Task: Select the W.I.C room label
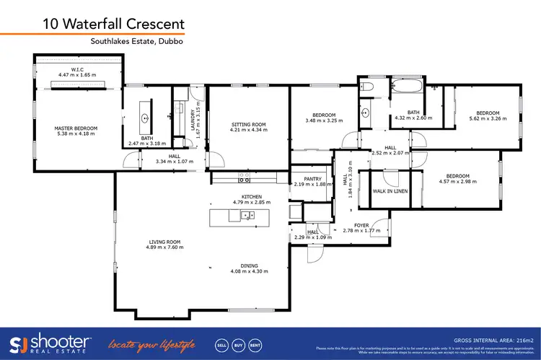(79, 71)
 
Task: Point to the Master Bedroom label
(76, 128)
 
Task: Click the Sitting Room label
(248, 125)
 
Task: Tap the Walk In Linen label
(390, 191)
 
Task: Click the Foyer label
(361, 226)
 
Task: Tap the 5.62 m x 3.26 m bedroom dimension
(488, 120)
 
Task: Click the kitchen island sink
(247, 215)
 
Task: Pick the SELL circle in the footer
(221, 343)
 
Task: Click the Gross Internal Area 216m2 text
(493, 338)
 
